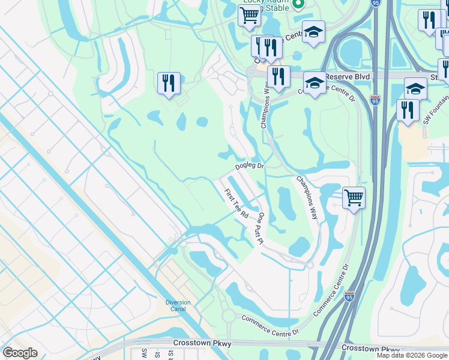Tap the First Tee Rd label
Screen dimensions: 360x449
(237, 203)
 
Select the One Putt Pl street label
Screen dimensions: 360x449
(261, 227)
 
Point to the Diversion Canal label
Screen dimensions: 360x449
(178, 306)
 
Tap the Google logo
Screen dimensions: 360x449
(20, 353)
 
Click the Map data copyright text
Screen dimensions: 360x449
(412, 355)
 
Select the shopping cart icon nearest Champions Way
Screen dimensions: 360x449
(354, 197)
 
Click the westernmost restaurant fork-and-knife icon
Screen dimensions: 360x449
(169, 83)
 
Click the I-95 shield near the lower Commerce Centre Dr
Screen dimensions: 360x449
(350, 296)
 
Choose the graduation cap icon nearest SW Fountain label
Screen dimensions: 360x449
(415, 89)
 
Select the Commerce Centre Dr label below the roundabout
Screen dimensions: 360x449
(270, 326)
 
